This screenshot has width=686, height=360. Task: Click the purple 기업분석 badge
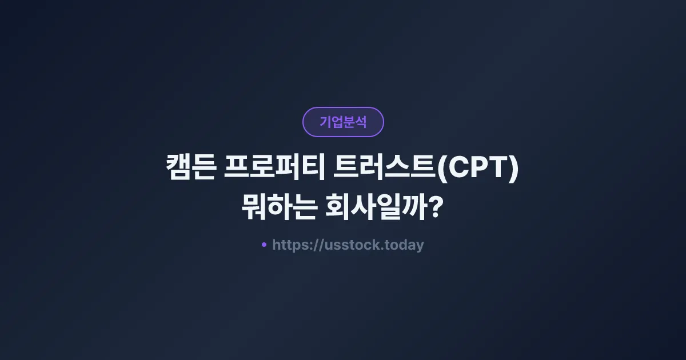tap(343, 122)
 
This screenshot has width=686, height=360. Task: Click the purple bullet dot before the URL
tap(264, 245)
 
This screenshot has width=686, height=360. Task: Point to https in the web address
tap(290, 245)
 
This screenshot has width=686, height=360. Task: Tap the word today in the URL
tap(404, 245)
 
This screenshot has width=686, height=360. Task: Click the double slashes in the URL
tap(318, 245)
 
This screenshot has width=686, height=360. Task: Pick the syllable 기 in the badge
tap(325, 122)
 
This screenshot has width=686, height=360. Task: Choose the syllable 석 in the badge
tap(361, 122)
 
